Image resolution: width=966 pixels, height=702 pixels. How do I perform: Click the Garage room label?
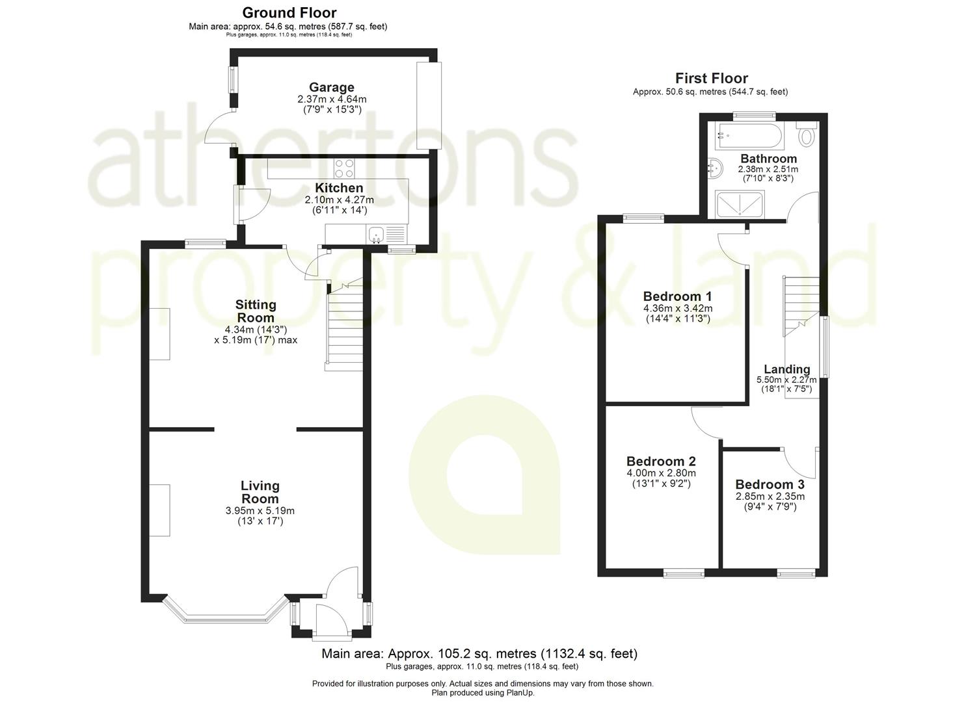[x=331, y=87]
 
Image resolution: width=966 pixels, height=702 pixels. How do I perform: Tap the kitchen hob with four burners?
[x=344, y=168]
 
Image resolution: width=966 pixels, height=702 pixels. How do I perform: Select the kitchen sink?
[x=376, y=235]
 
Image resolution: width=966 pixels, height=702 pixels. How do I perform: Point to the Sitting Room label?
[x=256, y=311]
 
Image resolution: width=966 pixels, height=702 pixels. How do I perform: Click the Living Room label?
[x=260, y=492]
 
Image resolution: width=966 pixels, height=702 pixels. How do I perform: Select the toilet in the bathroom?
[x=807, y=135]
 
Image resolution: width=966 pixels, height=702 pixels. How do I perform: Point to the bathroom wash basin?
[x=714, y=168]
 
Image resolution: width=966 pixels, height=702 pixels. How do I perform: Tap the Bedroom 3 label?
[x=770, y=484]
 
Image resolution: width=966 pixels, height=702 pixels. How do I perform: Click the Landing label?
[x=786, y=369]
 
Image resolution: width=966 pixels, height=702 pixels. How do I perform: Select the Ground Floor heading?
[x=289, y=12]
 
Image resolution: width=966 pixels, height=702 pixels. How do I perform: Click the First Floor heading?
[x=711, y=79]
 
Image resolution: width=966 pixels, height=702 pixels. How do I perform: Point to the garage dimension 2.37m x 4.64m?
[x=331, y=99]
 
